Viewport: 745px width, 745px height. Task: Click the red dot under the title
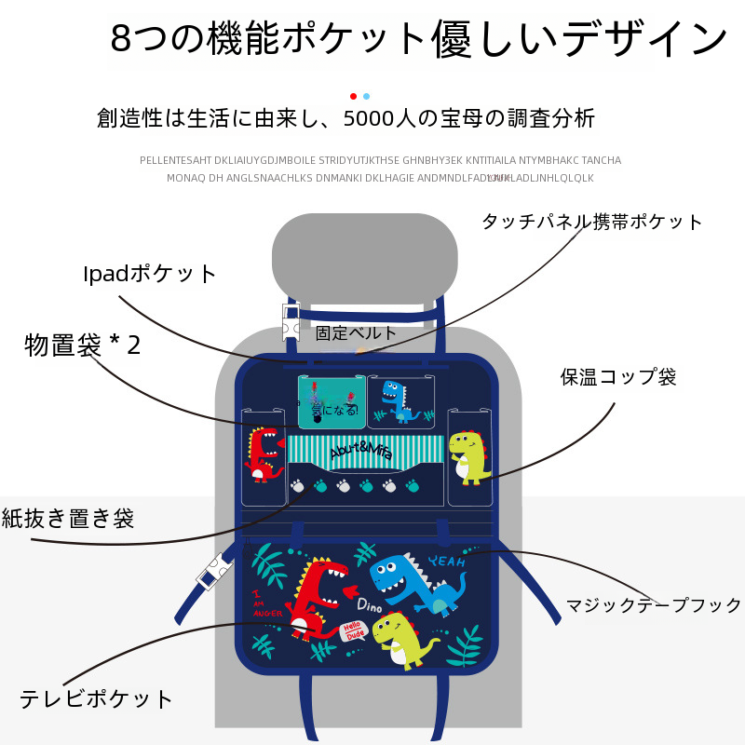(353, 96)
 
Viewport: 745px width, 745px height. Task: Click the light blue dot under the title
(366, 96)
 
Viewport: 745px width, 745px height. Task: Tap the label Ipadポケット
(150, 274)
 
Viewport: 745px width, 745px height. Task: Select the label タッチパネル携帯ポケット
(591, 222)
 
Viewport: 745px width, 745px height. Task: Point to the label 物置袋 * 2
(83, 345)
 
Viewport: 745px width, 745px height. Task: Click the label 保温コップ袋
(618, 377)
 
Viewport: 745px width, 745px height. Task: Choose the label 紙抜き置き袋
(68, 519)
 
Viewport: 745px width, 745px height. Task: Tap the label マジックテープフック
(655, 605)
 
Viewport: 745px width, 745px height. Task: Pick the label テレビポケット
(97, 698)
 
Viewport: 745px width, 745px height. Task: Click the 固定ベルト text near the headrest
(356, 332)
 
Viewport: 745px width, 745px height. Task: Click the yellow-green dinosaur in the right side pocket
(468, 456)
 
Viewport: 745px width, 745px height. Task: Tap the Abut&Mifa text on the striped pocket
(362, 450)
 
